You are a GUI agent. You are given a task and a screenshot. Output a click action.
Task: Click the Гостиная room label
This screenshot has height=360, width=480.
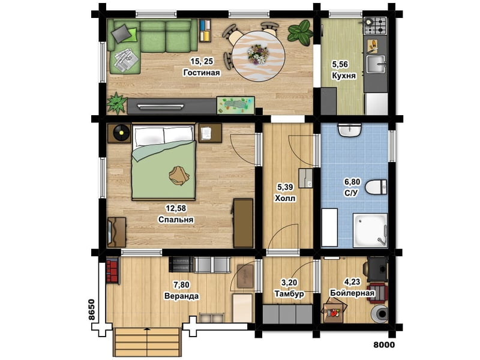click(202, 73)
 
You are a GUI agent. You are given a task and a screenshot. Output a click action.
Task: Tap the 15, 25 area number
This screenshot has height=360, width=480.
click(202, 61)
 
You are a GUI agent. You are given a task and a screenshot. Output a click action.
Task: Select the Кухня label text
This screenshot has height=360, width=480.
click(344, 76)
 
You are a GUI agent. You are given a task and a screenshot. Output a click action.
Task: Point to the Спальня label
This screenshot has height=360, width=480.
click(176, 220)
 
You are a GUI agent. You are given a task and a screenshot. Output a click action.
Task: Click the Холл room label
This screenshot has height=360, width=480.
click(286, 198)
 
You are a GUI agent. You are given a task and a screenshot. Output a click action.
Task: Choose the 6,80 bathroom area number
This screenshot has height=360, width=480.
click(352, 182)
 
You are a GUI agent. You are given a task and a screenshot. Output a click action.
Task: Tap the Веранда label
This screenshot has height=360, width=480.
click(182, 296)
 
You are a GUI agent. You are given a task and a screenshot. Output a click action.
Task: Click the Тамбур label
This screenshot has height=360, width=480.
click(289, 293)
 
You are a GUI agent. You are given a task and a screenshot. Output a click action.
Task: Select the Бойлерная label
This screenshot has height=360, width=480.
click(352, 293)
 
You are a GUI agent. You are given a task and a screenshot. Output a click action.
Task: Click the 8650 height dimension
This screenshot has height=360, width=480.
click(92, 310)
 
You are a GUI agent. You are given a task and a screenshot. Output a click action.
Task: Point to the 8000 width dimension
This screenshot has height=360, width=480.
click(384, 344)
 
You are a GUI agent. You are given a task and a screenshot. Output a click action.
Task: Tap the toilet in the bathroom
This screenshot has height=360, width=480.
click(377, 187)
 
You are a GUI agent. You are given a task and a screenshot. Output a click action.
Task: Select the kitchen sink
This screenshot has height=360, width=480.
click(376, 64)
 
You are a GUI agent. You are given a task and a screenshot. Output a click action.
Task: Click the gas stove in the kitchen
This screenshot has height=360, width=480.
click(375, 25)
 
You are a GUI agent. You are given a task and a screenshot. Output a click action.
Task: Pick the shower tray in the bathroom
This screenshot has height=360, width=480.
click(370, 230)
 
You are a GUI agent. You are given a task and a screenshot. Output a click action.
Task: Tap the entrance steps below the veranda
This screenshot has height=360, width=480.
click(147, 342)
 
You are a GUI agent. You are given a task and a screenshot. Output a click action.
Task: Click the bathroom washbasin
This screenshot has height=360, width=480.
click(349, 130)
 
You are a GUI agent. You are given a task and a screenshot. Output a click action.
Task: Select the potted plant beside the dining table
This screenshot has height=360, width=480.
click(299, 31)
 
